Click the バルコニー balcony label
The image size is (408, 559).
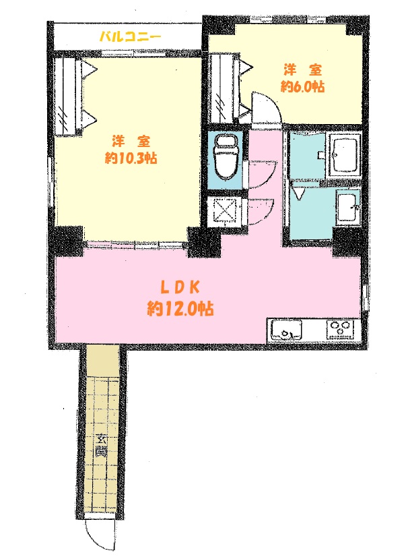coord(131,36)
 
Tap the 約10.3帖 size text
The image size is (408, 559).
coord(131,158)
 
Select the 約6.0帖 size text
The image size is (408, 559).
coord(302,86)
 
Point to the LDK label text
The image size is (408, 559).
coord(180,288)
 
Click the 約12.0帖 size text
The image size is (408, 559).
coord(180,308)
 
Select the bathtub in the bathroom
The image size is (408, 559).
coord(344,154)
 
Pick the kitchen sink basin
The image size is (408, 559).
coord(286,330)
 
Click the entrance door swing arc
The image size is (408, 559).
coord(94,537)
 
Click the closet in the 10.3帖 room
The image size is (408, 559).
coord(67,96)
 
